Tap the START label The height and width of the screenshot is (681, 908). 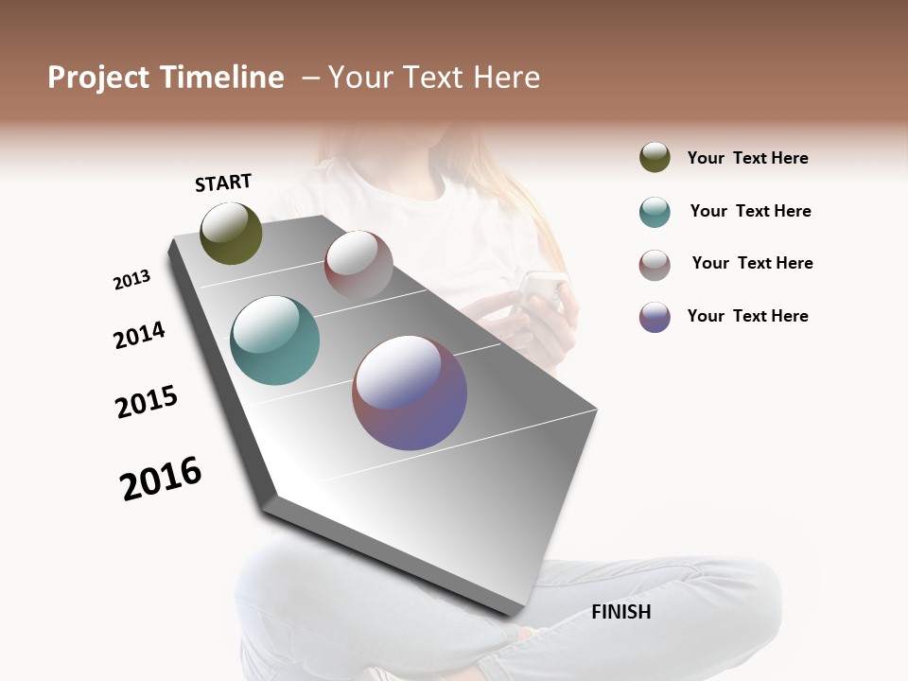[x=223, y=183]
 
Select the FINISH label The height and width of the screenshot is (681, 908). [x=620, y=612]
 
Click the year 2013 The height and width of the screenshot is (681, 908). [x=131, y=280]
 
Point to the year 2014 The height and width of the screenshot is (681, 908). [x=139, y=335]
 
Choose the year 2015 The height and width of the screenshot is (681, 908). [x=147, y=402]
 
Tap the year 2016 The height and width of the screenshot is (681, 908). [x=161, y=479]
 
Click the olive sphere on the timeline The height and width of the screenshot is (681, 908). [x=231, y=233]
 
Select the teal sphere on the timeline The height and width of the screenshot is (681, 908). [x=274, y=340]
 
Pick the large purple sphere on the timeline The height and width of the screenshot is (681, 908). [x=410, y=393]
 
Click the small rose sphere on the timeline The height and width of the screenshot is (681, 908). [x=358, y=265]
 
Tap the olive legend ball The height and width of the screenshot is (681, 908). [x=655, y=157]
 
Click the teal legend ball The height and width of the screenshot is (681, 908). [x=655, y=212]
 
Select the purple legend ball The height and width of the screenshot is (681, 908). [x=655, y=317]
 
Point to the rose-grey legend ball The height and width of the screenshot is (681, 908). [x=655, y=265]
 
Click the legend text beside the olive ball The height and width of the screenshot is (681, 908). [x=747, y=158]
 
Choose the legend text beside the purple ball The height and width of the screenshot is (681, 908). [x=747, y=316]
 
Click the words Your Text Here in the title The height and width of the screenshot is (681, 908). [x=433, y=78]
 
